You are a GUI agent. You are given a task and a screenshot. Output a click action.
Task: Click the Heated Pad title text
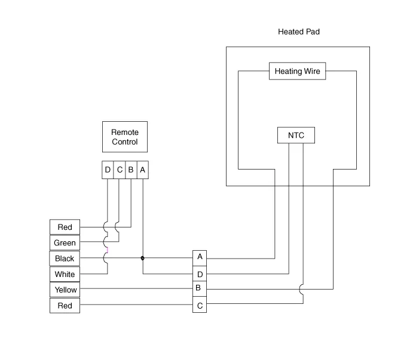299,31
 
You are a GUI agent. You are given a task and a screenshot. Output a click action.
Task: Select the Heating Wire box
297,72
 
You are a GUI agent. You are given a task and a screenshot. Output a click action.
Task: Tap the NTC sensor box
296,136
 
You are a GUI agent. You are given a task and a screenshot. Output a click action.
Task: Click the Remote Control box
124,137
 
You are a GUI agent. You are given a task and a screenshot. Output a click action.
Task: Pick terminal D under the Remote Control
108,170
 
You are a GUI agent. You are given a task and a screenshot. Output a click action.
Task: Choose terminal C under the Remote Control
119,170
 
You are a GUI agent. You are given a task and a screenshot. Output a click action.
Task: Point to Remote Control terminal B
130,170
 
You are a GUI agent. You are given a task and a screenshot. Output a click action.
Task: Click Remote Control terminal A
142,170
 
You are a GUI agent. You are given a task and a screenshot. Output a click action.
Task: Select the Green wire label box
65,243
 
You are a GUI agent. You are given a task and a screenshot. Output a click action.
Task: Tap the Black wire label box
65,259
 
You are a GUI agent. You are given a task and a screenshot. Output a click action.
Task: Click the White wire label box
65,274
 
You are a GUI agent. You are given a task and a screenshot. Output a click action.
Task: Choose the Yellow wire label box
65,290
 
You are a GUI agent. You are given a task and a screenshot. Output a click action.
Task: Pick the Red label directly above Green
65,227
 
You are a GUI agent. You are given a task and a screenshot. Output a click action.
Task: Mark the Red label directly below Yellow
65,306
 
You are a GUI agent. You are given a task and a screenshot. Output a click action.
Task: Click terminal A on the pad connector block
200,257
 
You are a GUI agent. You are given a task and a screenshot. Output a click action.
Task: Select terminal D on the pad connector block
200,274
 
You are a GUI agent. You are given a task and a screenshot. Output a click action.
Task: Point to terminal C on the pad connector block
200,305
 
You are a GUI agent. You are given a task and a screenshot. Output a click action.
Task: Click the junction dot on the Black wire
142,259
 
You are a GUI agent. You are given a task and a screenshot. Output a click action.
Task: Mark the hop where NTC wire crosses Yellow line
303,289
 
